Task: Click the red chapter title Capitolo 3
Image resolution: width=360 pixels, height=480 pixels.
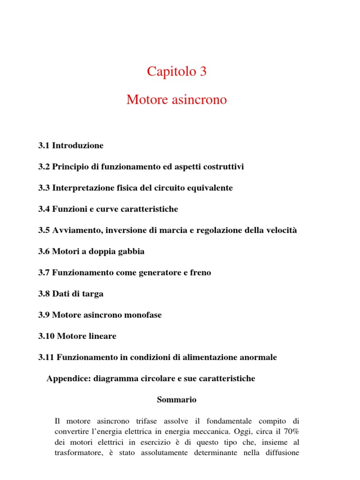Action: pos(177,72)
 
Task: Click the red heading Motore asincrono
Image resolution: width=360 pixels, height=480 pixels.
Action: pos(177,100)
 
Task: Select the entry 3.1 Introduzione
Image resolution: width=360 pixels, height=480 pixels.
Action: pos(71,145)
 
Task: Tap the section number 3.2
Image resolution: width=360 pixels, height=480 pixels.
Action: pos(44,167)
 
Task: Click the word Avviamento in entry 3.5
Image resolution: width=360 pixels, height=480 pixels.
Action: pos(78,230)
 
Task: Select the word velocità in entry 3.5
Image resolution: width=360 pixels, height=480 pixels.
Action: pos(281,230)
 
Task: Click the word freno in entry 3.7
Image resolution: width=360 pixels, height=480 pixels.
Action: pos(200,273)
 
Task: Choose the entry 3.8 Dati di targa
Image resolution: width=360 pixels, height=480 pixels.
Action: pos(71,294)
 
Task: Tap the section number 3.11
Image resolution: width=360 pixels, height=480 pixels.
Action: pos(46,357)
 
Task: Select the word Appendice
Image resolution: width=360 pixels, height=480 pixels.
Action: pos(67,378)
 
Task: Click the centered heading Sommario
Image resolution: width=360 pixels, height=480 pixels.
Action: pos(176,400)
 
